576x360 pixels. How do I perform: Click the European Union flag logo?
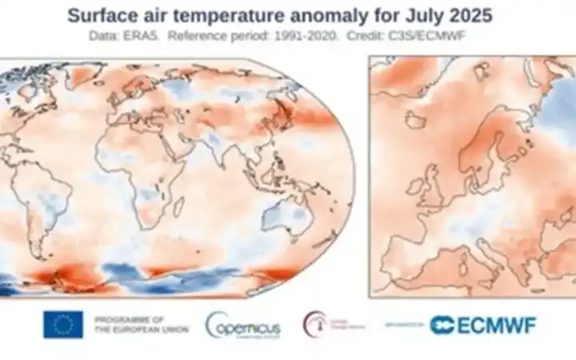point(63,324)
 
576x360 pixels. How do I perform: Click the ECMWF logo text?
point(483,325)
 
